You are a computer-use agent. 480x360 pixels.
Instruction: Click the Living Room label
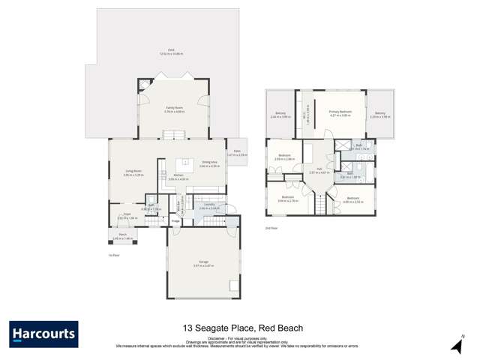pyautogui.click(x=133, y=171)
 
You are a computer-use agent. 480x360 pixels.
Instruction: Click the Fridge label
pyautogui.click(x=175, y=220)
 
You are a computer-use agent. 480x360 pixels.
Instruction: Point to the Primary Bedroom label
pyautogui.click(x=340, y=113)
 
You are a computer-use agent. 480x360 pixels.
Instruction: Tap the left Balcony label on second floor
pyautogui.click(x=279, y=114)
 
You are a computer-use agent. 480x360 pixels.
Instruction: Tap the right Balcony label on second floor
pyautogui.click(x=381, y=114)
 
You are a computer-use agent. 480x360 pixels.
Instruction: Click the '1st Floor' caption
pyautogui.click(x=115, y=255)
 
